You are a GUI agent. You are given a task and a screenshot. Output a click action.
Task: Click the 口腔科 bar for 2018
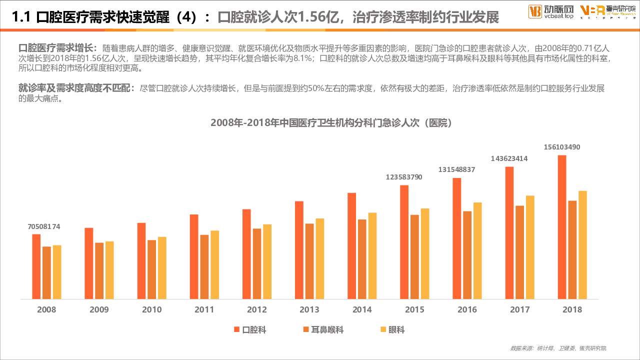(x=562, y=227)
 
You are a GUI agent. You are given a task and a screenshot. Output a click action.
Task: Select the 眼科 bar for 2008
(x=57, y=272)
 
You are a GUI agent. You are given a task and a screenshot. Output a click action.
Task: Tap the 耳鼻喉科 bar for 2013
(x=309, y=261)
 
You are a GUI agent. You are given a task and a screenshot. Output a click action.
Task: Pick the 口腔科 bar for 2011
(x=194, y=256)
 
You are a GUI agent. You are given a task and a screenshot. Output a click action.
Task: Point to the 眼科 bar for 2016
(x=477, y=250)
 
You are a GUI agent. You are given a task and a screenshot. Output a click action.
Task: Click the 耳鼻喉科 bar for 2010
(x=152, y=269)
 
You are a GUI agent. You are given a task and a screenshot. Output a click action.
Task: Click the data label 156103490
(x=562, y=147)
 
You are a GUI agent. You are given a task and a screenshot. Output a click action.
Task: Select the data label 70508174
(x=43, y=226)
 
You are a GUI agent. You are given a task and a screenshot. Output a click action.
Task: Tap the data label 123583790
(x=404, y=177)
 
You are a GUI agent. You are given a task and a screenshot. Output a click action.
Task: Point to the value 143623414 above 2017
(x=509, y=158)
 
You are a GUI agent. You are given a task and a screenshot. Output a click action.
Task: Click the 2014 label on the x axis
(x=362, y=309)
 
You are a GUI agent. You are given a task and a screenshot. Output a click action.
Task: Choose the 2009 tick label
(x=99, y=309)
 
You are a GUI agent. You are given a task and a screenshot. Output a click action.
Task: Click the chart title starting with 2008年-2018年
(x=332, y=122)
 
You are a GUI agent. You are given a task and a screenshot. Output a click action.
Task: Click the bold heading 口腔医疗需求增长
(x=56, y=48)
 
